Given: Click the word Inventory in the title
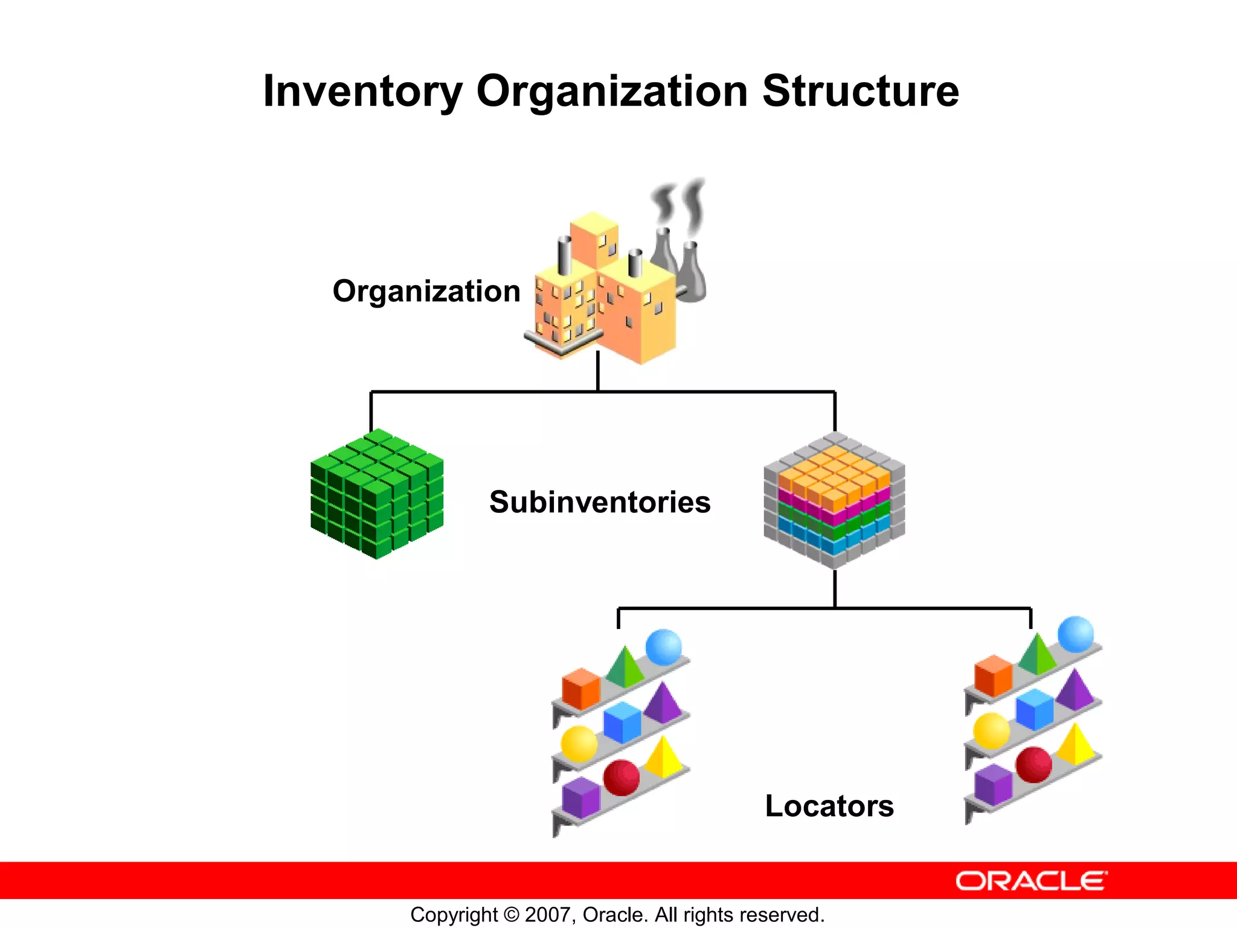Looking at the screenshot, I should (362, 92).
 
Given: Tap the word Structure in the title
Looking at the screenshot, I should (860, 92).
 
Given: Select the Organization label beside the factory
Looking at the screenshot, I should (426, 291).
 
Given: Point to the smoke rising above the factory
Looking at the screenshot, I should (680, 205).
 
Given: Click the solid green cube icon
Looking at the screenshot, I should (377, 494).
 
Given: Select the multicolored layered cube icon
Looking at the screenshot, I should (834, 500).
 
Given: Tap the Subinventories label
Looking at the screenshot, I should (600, 502).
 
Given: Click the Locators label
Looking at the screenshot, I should (829, 806).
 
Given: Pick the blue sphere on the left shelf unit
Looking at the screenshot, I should (663, 647).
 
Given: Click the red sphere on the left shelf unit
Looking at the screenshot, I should (622, 777).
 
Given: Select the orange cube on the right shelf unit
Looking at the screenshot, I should (993, 675).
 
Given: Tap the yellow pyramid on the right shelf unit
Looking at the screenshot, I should (1076, 745).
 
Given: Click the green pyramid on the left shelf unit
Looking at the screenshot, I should (625, 668).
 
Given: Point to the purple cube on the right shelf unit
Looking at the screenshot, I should (993, 784).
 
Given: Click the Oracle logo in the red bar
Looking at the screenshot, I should (1030, 881).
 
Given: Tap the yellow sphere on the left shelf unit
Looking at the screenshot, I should (579, 744).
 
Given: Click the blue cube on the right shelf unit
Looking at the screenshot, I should (1034, 709).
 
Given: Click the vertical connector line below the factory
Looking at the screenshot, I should (598, 372).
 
